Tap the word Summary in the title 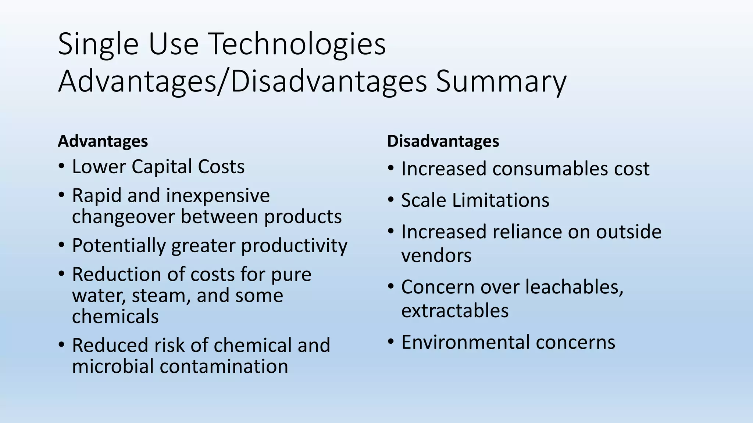point(501,82)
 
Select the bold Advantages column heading point(103,141)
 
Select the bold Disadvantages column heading point(443,141)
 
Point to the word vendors point(436,256)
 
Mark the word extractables point(455,311)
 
